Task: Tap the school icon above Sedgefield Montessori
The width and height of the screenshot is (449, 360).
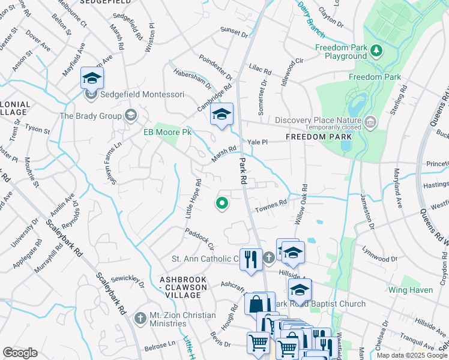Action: pyautogui.click(x=92, y=78)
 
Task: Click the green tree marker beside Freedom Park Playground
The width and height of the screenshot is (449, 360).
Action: pyautogui.click(x=376, y=50)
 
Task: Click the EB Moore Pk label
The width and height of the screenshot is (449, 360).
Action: pyautogui.click(x=166, y=132)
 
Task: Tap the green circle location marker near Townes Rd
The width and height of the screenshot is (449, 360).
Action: pyautogui.click(x=222, y=204)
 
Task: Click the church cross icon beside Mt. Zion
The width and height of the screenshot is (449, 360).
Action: pyautogui.click(x=140, y=317)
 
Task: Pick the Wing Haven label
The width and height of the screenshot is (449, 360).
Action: pyautogui.click(x=410, y=290)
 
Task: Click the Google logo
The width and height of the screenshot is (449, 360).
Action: pyautogui.click(x=20, y=353)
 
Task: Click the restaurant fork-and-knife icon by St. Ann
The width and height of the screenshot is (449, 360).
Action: pyautogui.click(x=250, y=259)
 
